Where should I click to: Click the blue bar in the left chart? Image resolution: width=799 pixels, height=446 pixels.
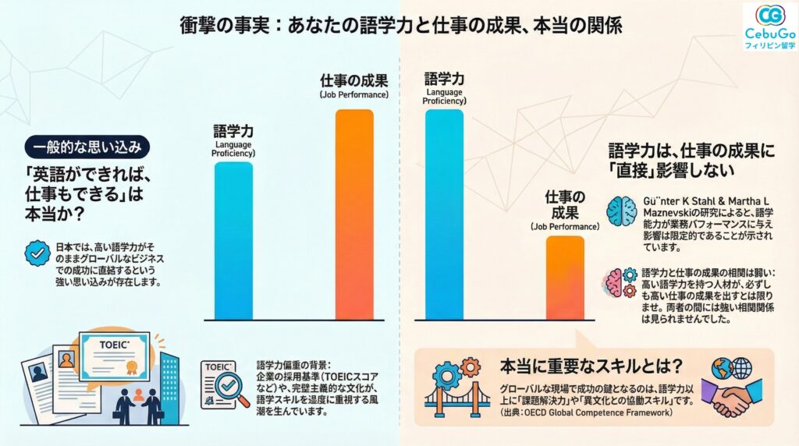233,241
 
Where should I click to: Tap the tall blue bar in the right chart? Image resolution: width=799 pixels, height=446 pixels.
443,214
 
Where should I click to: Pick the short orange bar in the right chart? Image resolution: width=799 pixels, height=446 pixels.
564,278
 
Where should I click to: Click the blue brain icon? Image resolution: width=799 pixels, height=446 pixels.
623,211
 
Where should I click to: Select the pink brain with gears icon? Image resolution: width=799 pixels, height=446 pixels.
623,280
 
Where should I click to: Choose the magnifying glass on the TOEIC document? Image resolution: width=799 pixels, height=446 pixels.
230,386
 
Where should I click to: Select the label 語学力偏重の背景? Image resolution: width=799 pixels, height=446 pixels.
293,365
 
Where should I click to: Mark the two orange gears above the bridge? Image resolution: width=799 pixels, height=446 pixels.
460,367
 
